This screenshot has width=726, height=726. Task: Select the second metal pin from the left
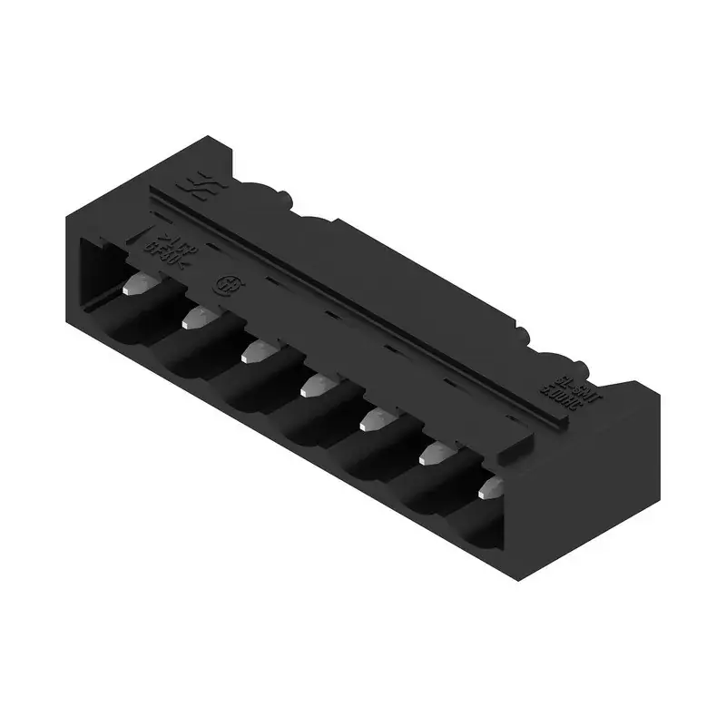click(197, 316)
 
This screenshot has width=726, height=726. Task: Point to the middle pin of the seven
click(314, 387)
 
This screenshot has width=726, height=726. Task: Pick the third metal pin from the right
click(375, 418)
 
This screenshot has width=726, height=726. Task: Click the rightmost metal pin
click(488, 487)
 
